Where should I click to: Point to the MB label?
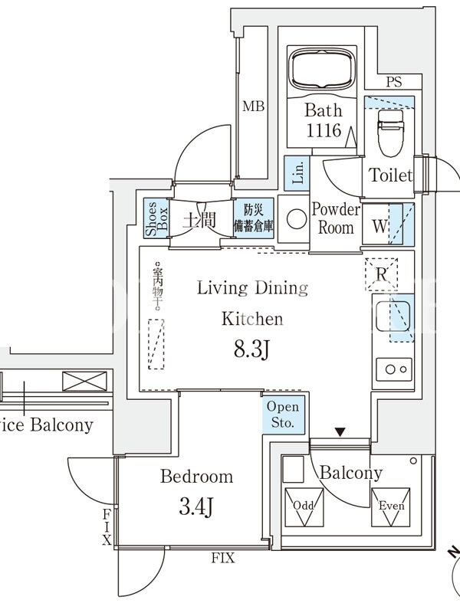pos(254,107)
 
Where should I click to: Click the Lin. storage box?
pos(296,173)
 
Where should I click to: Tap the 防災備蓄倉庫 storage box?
pos(253,218)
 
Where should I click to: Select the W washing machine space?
pos(380,225)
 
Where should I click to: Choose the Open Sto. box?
pos(284,415)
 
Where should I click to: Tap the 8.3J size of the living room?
pos(252,350)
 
